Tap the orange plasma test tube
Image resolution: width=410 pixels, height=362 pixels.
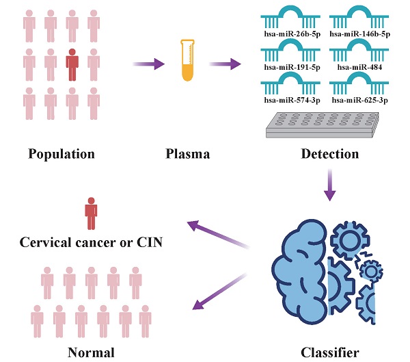point(184,60)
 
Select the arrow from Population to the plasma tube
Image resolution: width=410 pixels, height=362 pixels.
point(147,64)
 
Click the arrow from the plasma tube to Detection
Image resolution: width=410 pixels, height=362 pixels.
point(228,64)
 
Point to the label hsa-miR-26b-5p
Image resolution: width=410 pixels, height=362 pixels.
point(289,32)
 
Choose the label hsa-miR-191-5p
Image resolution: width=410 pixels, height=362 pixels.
point(289,67)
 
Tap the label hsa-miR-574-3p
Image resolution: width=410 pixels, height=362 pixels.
point(289,101)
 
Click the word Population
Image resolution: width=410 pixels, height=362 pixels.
point(61,153)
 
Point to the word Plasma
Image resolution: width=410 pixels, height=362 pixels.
point(184,153)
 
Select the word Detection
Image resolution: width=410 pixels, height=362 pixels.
point(329,153)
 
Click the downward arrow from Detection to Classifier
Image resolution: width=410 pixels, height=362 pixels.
point(330,185)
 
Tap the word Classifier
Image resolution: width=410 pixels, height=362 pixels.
point(329,353)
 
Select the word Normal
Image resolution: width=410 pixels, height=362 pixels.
point(90,353)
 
